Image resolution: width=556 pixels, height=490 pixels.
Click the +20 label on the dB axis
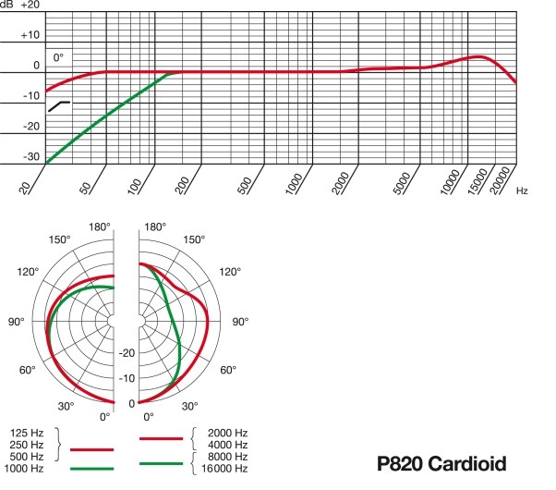pos(30,6)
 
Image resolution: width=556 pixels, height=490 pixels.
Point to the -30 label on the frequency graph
pos(32,157)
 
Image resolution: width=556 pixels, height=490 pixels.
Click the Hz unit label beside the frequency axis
pos(523,190)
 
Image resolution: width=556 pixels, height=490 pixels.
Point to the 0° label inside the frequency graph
pos(59,57)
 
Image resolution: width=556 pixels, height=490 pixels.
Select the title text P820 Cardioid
pos(441,462)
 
